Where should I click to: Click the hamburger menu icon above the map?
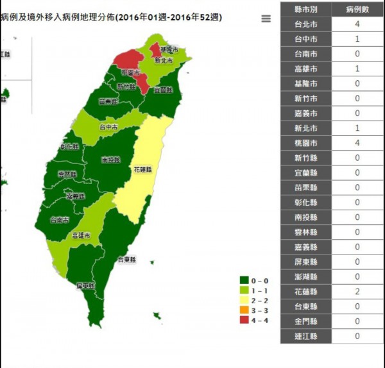[266, 19]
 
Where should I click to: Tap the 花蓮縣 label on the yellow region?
[143, 170]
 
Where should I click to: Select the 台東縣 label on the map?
[126, 260]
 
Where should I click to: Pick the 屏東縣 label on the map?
[85, 285]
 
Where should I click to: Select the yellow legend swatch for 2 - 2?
[244, 300]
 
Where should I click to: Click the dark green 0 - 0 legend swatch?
[244, 280]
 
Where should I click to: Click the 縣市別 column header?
[306, 10]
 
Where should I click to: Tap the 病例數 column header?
[357, 10]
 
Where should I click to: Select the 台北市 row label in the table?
[306, 24]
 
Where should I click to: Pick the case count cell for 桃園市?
[357, 143]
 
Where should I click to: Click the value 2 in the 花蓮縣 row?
[357, 292]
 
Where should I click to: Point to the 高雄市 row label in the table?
[306, 69]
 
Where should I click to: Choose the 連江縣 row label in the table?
[306, 336]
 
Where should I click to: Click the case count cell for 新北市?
[357, 128]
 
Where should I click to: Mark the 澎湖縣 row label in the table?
[306, 277]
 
